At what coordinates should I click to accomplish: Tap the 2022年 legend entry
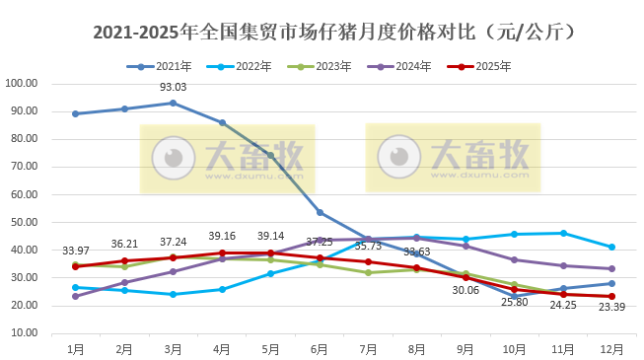pyautogui.click(x=236, y=66)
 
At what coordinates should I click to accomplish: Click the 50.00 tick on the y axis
pyautogui.click(x=23, y=222)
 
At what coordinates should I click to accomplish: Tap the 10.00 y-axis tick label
pyautogui.click(x=23, y=333)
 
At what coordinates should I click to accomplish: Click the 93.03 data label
pyautogui.click(x=174, y=88)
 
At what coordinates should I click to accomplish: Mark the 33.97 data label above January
pyautogui.click(x=76, y=251)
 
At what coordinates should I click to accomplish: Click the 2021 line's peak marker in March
pyautogui.click(x=174, y=103)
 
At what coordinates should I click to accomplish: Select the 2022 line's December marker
pyautogui.click(x=611, y=247)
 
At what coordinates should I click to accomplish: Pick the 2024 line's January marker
pyautogui.click(x=76, y=296)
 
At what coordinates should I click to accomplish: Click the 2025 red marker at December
pyautogui.click(x=611, y=296)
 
